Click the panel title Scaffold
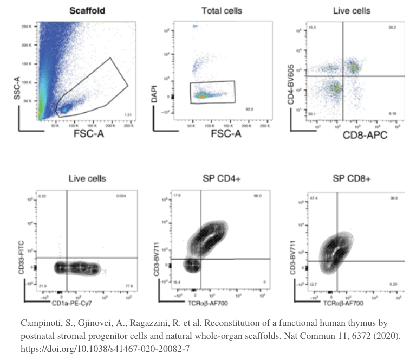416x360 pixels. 87,10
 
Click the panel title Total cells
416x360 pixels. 222,10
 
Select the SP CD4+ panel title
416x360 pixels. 222,178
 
